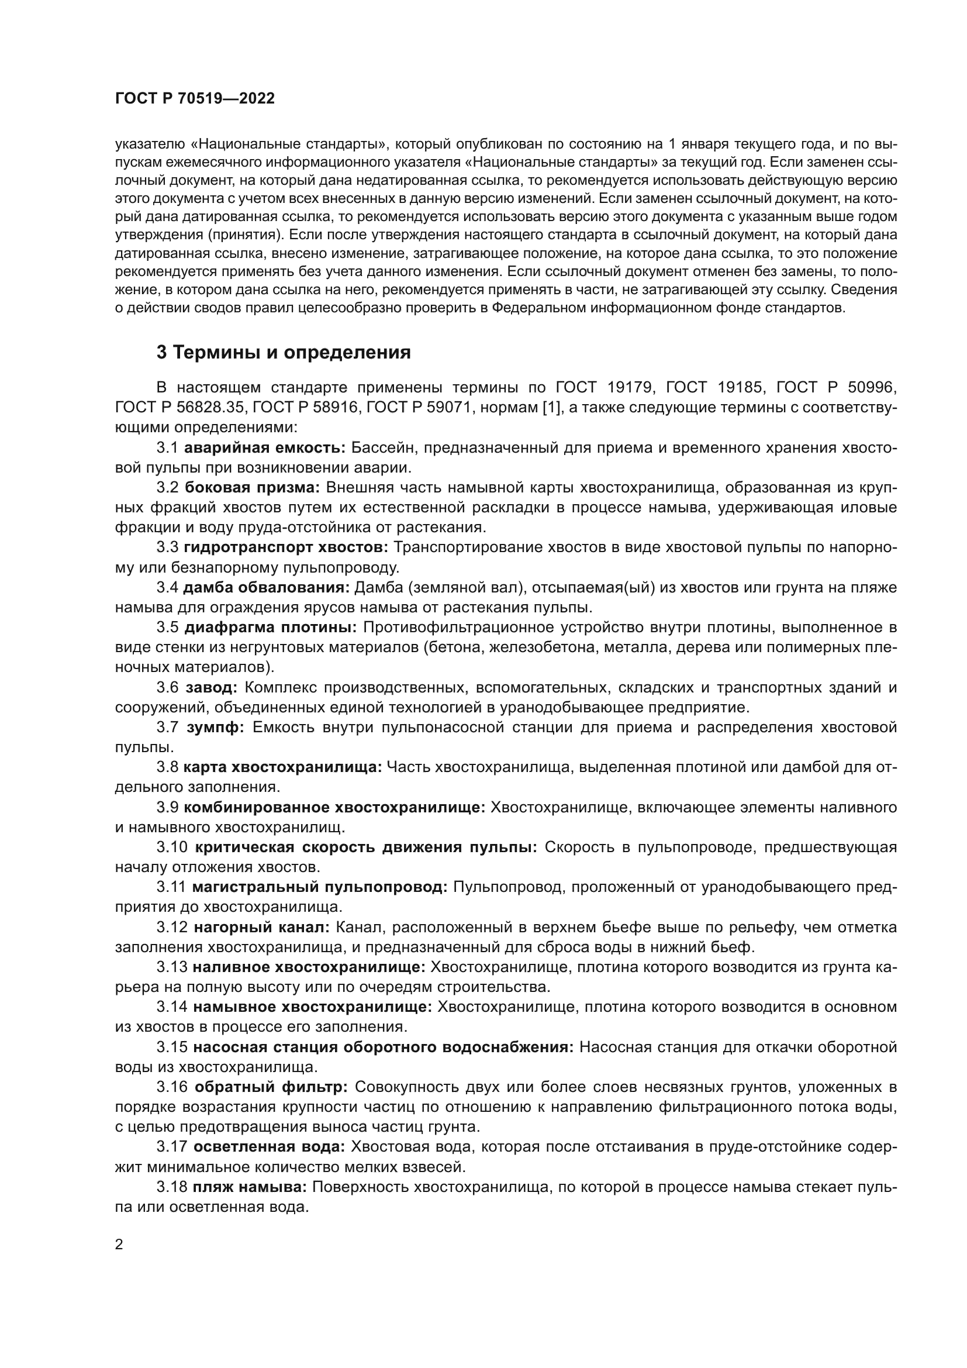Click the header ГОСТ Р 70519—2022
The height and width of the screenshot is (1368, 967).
195,99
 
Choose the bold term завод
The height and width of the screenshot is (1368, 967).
212,687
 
